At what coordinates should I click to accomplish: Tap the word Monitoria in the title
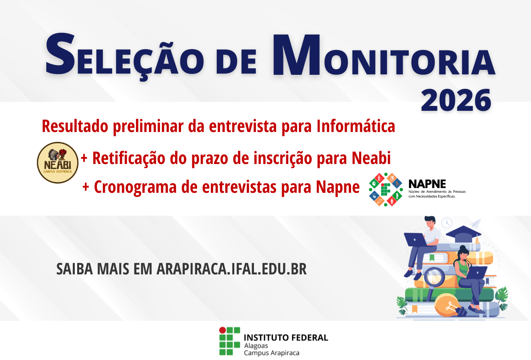point(384,58)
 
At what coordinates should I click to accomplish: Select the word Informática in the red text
point(355,126)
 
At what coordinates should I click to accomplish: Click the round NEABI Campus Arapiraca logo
point(58,162)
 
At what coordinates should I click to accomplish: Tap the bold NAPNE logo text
point(427,184)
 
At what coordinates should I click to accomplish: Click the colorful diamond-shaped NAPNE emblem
point(385,190)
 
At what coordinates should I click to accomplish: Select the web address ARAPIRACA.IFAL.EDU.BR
point(232,269)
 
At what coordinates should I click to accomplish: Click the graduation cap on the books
point(464,233)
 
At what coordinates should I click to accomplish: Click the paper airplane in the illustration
point(475,223)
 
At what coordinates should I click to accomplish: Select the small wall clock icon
point(447,222)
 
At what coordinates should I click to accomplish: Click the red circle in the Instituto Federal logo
point(222,330)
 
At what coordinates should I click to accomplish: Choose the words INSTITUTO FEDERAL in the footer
point(285,338)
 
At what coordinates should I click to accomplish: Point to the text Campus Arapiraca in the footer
point(271,353)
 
